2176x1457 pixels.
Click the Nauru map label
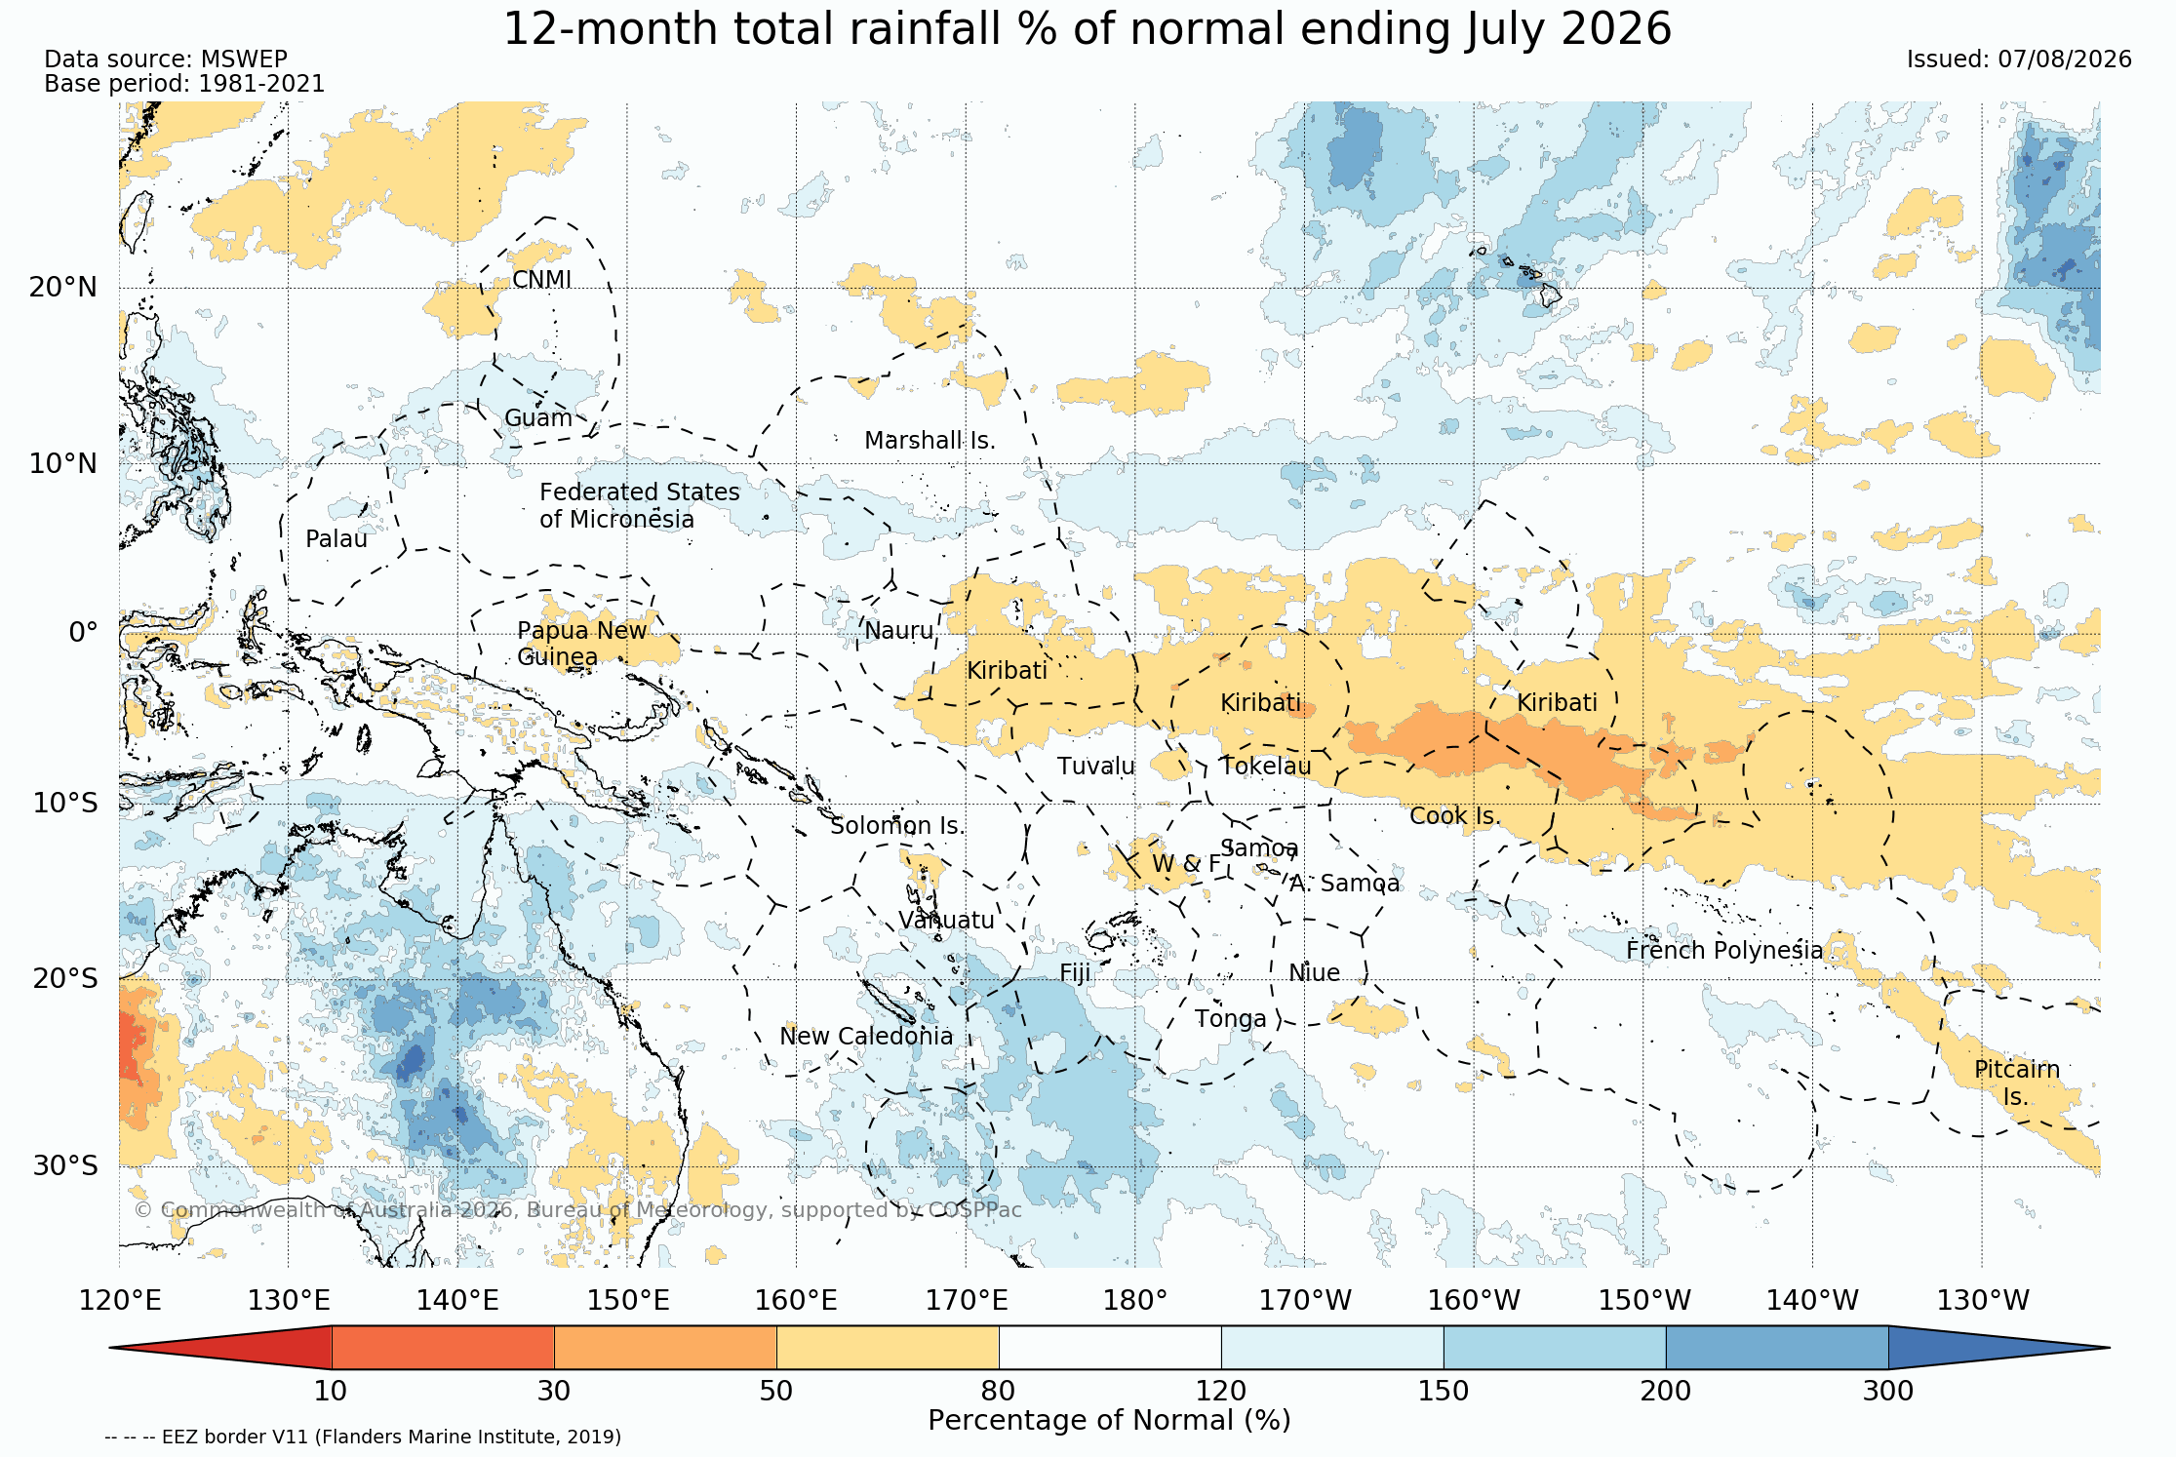898,631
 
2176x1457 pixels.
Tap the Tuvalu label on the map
1096,767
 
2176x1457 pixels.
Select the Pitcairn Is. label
2017,1083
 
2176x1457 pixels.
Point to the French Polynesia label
1724,951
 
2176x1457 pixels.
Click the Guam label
538,418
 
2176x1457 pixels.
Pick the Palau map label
336,539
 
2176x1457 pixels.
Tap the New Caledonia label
866,1036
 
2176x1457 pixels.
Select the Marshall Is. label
930,441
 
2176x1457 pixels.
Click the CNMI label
542,280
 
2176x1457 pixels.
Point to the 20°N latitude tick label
63,288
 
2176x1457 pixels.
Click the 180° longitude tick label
1135,1301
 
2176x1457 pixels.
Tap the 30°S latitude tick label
65,1166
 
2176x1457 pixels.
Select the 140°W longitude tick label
1813,1301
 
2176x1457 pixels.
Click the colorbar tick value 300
1888,1392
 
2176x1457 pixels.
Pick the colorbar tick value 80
999,1392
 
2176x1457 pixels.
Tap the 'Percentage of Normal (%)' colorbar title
1109,1421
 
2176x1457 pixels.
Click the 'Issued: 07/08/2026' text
2019,59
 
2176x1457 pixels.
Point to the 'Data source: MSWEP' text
166,59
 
